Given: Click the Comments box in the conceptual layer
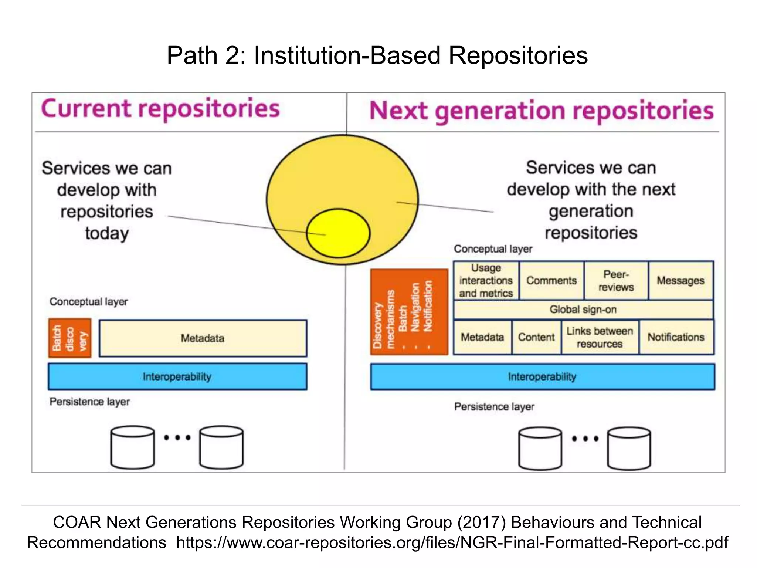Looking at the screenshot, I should tap(551, 281).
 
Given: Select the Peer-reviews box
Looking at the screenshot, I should tap(616, 281).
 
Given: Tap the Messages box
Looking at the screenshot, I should tap(680, 281).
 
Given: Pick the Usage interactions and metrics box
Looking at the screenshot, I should tap(486, 281).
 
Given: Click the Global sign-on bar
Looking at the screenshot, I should tap(583, 310).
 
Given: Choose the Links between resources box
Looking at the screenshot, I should tap(600, 337).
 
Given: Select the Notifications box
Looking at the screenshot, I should tap(676, 337).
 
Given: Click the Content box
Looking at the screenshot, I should tap(536, 337).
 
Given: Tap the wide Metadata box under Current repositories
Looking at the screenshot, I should tap(203, 338).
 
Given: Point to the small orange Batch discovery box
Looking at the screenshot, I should tap(70, 338).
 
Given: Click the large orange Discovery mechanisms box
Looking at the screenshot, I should tap(409, 312).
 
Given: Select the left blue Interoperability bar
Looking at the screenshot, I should tap(177, 376).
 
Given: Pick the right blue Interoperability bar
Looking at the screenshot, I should tap(542, 376).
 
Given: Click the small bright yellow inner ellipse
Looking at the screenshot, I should tap(338, 233).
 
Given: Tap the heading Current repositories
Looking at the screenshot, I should tap(160, 109).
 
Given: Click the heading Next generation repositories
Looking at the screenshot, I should tap(541, 111).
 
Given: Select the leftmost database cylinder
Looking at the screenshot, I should tap(132, 447).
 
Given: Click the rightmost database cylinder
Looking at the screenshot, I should tap(629, 449).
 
